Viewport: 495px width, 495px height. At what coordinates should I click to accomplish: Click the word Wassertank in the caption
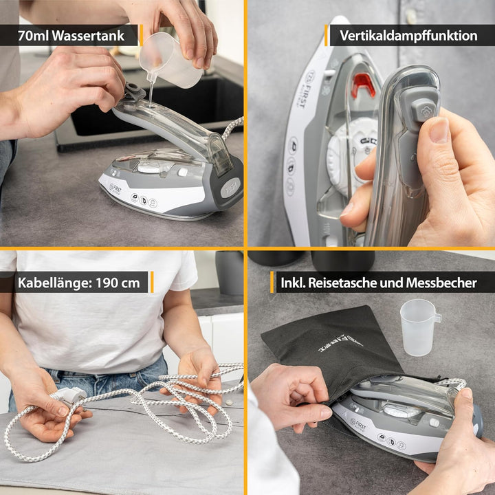[x=88, y=36]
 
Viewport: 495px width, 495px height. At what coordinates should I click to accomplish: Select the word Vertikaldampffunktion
[x=408, y=36]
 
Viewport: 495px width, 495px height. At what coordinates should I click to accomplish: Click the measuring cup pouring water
[x=170, y=62]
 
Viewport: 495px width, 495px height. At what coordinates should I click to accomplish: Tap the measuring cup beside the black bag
[x=419, y=327]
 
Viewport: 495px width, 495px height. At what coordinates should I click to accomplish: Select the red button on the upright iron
[x=363, y=85]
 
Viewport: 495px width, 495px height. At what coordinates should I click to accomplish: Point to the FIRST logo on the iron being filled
[x=115, y=188]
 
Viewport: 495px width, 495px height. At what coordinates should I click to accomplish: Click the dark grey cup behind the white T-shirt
[x=230, y=273]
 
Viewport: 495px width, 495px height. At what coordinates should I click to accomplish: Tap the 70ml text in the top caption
[x=33, y=36]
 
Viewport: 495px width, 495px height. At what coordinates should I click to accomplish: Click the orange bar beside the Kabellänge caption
[x=152, y=282]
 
